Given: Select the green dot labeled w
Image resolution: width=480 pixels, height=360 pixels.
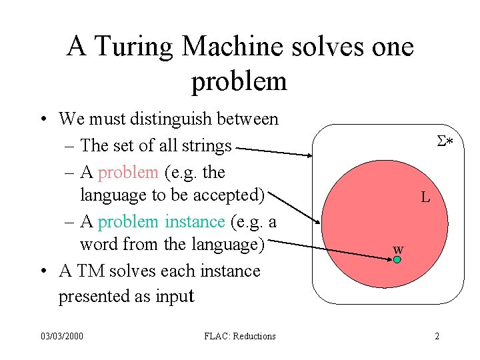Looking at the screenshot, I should coord(397,259).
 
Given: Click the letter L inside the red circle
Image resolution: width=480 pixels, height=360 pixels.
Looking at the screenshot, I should coord(425,197).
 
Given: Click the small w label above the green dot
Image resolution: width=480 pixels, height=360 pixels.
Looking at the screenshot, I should coord(398,249).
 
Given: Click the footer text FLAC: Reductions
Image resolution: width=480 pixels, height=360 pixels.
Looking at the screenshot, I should coord(240,336).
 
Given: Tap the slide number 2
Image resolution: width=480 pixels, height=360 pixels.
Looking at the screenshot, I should coord(437,336).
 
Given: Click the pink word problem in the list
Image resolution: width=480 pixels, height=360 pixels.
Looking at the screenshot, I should coord(128,172).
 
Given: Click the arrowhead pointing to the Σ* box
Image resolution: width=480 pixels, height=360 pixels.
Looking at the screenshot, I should coord(309,156).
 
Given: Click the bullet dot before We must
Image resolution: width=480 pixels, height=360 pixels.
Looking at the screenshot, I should coord(42,121).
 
